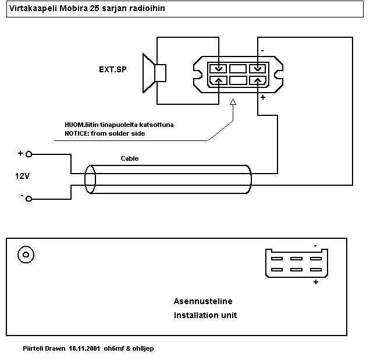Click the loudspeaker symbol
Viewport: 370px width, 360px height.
(x=154, y=73)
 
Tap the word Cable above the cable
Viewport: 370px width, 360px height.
(x=130, y=158)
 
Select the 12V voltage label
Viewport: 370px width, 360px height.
(x=23, y=175)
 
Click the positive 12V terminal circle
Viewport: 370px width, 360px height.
(x=29, y=154)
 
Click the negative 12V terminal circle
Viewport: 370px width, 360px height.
(x=29, y=199)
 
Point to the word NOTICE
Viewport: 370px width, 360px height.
(x=78, y=134)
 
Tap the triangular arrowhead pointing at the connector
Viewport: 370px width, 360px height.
(x=233, y=103)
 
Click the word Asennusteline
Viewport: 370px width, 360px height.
(x=203, y=301)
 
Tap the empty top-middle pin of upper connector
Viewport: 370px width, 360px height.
(x=238, y=68)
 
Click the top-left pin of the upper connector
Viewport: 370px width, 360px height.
(x=218, y=68)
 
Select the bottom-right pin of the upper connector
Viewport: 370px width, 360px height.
(x=257, y=81)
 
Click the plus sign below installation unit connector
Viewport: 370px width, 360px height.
(x=316, y=282)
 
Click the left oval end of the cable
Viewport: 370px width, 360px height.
(x=90, y=179)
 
